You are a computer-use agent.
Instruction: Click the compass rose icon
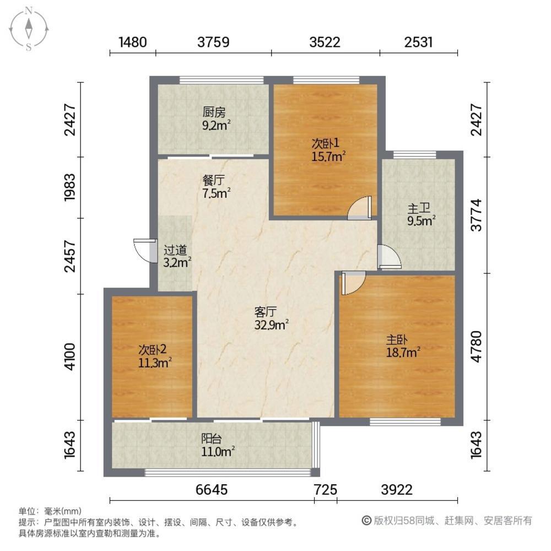click(29, 29)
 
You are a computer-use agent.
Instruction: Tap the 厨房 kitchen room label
click(214, 112)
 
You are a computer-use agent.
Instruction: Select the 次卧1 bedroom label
click(326, 143)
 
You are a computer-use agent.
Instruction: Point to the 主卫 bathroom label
click(419, 208)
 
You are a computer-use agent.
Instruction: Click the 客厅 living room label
click(266, 312)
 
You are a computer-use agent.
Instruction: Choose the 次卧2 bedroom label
click(152, 350)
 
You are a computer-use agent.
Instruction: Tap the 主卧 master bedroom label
click(397, 340)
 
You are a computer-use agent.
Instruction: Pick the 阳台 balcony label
click(212, 439)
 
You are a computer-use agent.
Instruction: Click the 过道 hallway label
click(175, 251)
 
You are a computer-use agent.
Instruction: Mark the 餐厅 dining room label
click(214, 181)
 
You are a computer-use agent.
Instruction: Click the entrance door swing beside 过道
click(145, 251)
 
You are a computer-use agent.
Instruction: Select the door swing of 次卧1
click(359, 208)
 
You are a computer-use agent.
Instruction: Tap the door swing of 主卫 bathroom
click(390, 257)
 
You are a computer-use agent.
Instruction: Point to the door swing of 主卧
click(354, 283)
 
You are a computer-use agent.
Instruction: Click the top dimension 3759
click(213, 42)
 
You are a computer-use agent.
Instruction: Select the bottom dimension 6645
click(212, 489)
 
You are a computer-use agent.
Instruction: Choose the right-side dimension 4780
click(476, 346)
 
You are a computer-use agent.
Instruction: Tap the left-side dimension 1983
click(70, 187)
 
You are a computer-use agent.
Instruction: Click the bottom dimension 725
click(326, 489)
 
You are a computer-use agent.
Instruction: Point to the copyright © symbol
click(367, 521)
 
